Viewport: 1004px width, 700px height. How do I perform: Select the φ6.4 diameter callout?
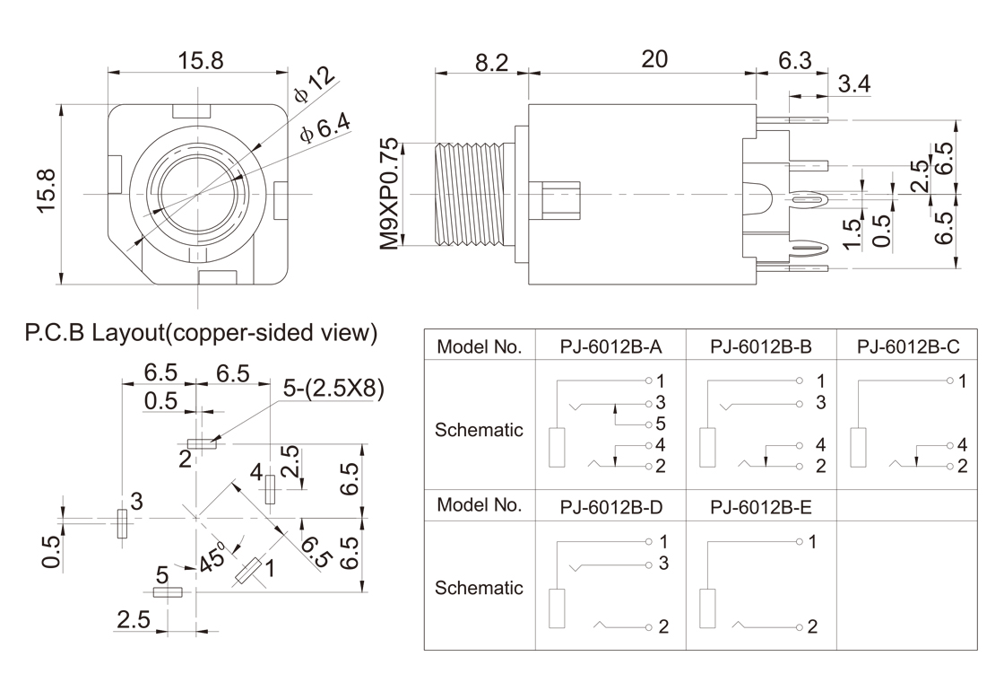pyautogui.click(x=327, y=128)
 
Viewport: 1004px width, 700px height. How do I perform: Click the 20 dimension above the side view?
pyautogui.click(x=654, y=59)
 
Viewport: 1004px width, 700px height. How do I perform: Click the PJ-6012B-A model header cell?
pyautogui.click(x=610, y=346)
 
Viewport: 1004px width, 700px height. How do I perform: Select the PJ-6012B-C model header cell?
pyautogui.click(x=908, y=346)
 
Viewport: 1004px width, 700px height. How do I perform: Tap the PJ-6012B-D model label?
pyautogui.click(x=610, y=506)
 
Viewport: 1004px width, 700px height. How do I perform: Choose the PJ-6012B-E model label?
pyautogui.click(x=760, y=506)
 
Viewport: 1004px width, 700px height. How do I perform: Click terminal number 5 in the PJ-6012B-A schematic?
pyautogui.click(x=661, y=423)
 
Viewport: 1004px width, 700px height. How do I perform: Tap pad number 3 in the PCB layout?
pyautogui.click(x=121, y=522)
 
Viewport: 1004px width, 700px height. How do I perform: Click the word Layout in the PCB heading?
pyautogui.click(x=125, y=332)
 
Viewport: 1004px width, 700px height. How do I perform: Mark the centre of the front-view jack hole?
pyautogui.click(x=198, y=194)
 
